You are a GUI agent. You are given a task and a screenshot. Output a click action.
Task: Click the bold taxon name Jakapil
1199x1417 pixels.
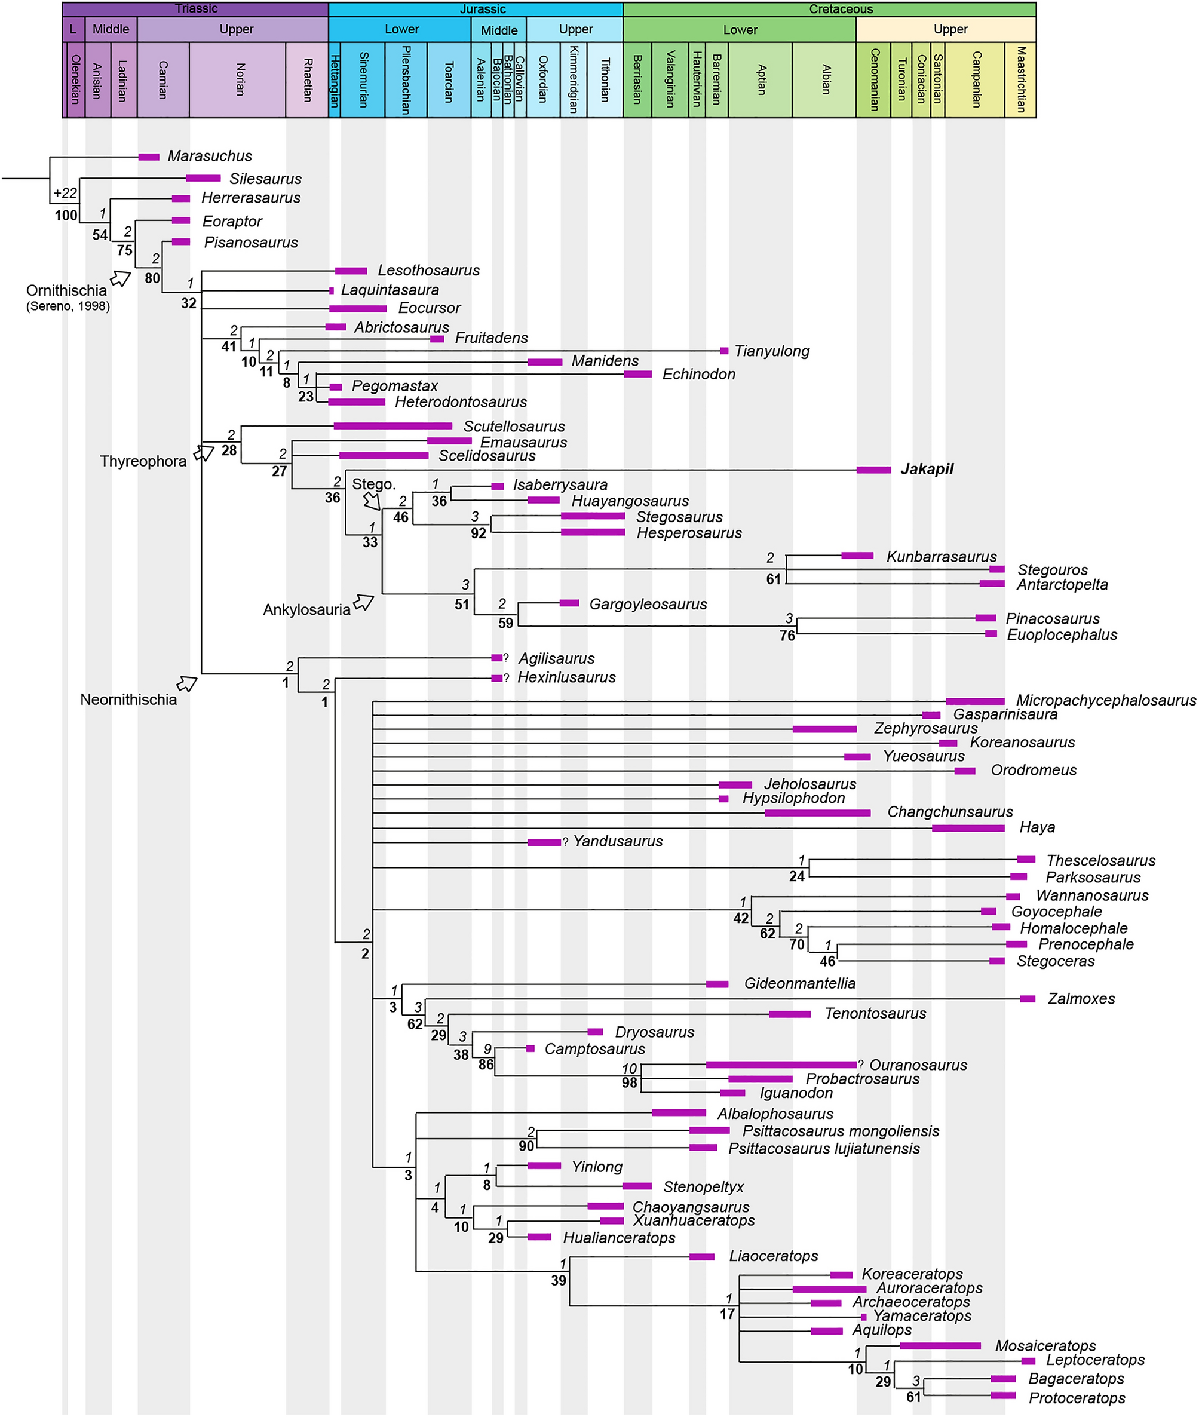927,469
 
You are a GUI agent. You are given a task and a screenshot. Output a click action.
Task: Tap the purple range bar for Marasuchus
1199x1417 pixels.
149,157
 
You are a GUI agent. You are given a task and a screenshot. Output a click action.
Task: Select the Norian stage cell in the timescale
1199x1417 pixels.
238,79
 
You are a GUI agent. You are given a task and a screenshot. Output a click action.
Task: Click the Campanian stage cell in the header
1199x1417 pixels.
975,79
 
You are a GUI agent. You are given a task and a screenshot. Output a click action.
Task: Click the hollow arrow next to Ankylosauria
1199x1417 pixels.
364,602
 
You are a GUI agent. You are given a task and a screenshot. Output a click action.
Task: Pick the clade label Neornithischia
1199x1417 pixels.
128,700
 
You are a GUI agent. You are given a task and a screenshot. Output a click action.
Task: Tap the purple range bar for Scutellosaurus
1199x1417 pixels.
393,426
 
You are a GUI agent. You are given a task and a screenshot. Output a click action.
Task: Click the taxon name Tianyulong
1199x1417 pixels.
772,351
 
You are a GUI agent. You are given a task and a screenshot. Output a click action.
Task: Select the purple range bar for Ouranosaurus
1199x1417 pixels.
781,1065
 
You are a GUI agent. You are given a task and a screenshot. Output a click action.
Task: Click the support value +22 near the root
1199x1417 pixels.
65,193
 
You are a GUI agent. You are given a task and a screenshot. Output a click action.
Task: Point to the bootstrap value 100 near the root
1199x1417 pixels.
66,216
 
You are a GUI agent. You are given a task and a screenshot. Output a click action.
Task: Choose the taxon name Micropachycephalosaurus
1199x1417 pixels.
1106,700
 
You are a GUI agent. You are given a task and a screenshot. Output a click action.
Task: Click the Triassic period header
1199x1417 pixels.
196,9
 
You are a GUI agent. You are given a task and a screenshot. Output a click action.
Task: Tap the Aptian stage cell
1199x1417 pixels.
760,79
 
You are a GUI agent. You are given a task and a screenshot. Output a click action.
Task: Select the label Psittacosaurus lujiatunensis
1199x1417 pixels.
824,1149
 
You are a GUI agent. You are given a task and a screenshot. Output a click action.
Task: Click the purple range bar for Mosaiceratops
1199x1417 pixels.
940,1346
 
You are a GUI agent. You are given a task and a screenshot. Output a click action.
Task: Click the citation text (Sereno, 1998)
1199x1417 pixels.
68,306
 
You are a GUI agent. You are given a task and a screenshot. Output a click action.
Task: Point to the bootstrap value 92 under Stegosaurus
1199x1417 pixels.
479,533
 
